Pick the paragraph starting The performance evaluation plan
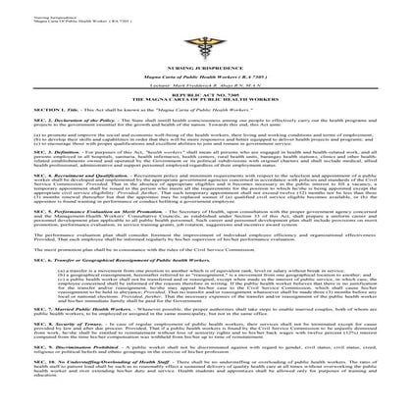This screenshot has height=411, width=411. point(196,274)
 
